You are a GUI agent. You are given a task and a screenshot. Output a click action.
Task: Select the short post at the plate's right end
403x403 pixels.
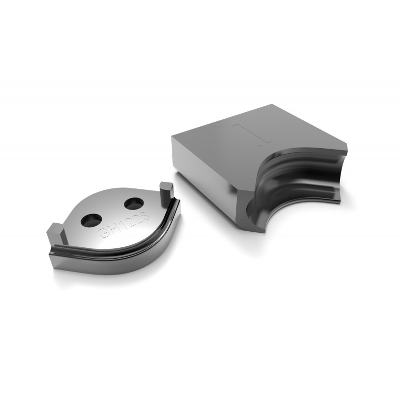(167, 191)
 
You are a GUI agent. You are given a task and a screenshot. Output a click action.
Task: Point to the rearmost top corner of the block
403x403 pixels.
(273, 105)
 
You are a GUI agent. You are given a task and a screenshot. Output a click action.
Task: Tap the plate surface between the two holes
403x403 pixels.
(112, 212)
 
